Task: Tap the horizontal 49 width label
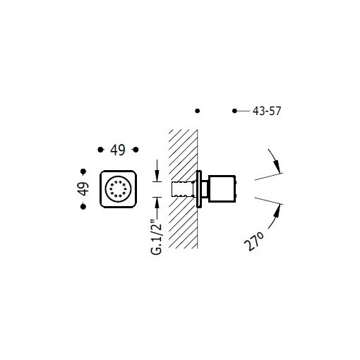(116, 149)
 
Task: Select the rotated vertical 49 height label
(84, 188)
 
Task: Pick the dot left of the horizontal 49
(98, 149)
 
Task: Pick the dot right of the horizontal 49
(136, 149)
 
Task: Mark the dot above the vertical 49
(84, 170)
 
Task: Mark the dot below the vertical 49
(84, 207)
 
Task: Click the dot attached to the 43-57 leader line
(235, 112)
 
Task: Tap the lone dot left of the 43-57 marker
(198, 111)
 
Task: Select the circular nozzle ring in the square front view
(116, 189)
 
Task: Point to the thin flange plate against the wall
(201, 188)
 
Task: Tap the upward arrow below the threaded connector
(157, 203)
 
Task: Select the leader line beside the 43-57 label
(243, 112)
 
